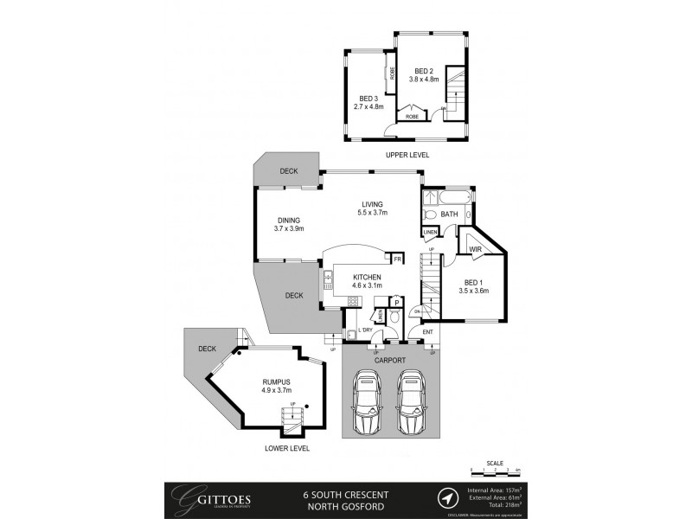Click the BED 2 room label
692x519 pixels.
click(x=423, y=71)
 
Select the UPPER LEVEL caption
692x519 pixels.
click(x=407, y=155)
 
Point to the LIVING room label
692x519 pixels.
click(x=373, y=204)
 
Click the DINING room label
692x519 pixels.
click(x=288, y=220)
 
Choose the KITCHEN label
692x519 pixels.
click(x=367, y=276)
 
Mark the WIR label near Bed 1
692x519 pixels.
click(x=475, y=251)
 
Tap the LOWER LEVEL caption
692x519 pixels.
click(x=285, y=449)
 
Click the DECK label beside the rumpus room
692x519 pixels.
click(x=206, y=349)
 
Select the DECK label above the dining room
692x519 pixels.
click(x=288, y=171)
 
